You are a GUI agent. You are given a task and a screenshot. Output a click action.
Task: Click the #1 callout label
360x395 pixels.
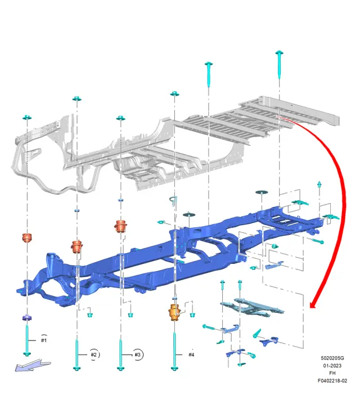44,340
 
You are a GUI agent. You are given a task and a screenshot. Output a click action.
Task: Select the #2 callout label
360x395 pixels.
93,354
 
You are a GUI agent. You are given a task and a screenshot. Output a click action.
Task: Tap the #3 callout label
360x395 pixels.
137,354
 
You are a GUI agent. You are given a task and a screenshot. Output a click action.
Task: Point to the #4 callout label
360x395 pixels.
191,354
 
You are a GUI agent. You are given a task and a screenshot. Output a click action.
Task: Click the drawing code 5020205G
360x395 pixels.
332,358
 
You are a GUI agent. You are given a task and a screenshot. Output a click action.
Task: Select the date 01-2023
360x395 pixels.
332,366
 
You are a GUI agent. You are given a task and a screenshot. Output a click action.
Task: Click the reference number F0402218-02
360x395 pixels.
332,380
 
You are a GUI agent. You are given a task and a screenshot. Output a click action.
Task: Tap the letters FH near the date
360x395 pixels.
332,373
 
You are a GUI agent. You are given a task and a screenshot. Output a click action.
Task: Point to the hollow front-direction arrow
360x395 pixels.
33,366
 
